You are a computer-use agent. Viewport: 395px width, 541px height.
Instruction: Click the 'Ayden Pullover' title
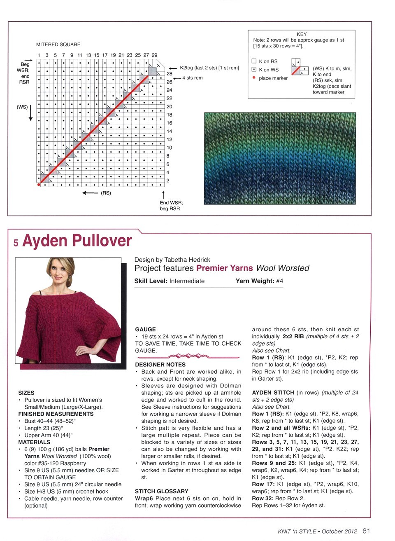coord(77,241)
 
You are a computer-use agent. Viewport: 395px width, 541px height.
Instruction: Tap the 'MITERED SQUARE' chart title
coord(58,44)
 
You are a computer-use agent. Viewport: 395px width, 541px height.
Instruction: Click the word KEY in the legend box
coord(301,34)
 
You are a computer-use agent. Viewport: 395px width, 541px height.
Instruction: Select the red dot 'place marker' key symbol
coord(254,77)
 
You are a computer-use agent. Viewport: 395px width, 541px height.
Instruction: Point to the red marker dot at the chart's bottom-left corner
coord(39,185)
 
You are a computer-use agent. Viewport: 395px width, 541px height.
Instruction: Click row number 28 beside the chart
coord(170,74)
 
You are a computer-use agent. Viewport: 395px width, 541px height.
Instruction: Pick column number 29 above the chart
coord(154,55)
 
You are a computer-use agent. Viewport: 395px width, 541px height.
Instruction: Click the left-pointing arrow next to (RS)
coord(90,193)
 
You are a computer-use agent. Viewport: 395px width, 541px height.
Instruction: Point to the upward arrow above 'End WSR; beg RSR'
coord(163,194)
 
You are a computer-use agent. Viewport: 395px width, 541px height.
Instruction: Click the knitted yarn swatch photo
coord(280,159)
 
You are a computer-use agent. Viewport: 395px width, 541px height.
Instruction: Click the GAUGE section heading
coord(145,329)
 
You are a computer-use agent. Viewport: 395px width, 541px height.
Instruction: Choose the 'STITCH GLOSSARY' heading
coord(161,491)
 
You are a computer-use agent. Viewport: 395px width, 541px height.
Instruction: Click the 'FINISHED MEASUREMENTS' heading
coord(56,414)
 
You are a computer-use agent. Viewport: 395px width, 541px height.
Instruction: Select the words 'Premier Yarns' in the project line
coord(224,268)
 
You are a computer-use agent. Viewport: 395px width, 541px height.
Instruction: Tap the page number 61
coord(366,531)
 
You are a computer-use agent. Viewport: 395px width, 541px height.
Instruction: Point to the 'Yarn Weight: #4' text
coord(259,281)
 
